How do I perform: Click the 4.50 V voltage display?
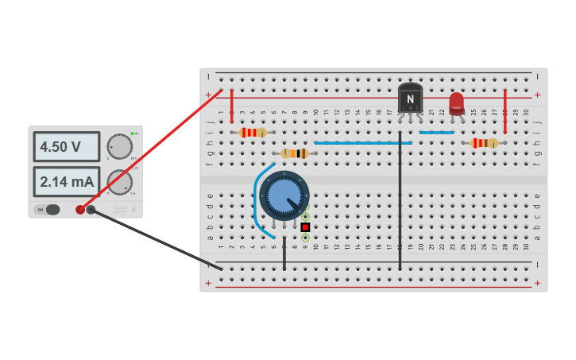pyautogui.click(x=66, y=147)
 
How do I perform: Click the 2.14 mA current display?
pyautogui.click(x=66, y=181)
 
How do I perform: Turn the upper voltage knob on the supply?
pyautogui.click(x=120, y=146)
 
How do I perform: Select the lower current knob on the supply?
pyautogui.click(x=120, y=182)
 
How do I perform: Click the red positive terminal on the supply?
pyautogui.click(x=80, y=210)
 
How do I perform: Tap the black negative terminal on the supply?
pyautogui.click(x=91, y=210)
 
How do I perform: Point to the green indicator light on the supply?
pyautogui.click(x=132, y=134)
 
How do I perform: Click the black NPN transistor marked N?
pyautogui.click(x=410, y=99)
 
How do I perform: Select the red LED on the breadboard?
pyautogui.click(x=456, y=103)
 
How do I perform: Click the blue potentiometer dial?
pyautogui.click(x=284, y=195)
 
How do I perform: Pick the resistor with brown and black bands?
pyautogui.click(x=295, y=153)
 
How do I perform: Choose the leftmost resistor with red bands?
pyautogui.click(x=253, y=133)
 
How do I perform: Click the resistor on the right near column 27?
pyautogui.click(x=484, y=143)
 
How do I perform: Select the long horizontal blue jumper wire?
pyautogui.click(x=362, y=143)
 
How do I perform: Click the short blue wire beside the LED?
pyautogui.click(x=437, y=133)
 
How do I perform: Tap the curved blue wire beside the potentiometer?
pyautogui.click(x=257, y=199)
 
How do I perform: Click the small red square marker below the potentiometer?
pyautogui.click(x=305, y=227)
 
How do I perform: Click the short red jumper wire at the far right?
pyautogui.click(x=504, y=111)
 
